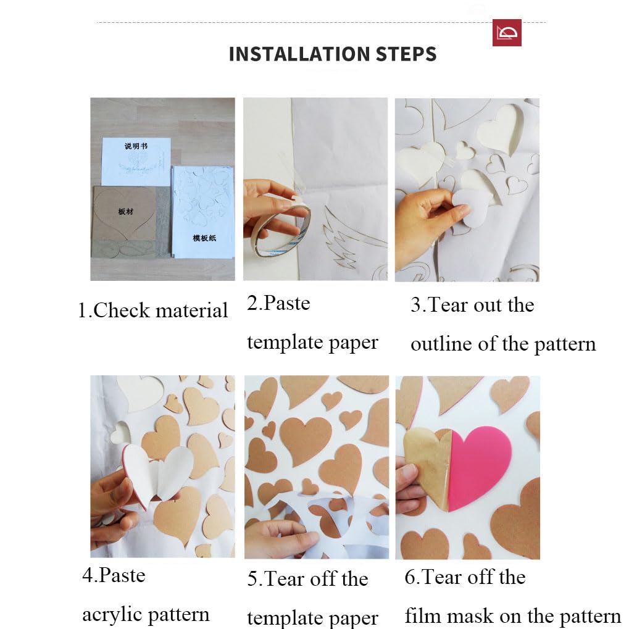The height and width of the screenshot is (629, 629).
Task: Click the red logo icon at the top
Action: coord(507,33)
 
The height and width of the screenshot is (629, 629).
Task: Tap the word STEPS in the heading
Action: coord(406,54)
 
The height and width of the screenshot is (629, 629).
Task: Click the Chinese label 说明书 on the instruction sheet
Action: coord(136,146)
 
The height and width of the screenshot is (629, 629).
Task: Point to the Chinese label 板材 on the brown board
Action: coord(125,211)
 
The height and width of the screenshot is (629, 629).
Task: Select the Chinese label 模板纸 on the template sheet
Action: coord(204,238)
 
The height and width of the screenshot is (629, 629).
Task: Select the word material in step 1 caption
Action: coord(192,310)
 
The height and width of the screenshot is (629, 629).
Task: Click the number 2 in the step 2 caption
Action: coord(252,303)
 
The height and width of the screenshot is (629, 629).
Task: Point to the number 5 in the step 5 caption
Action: coord(252,579)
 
